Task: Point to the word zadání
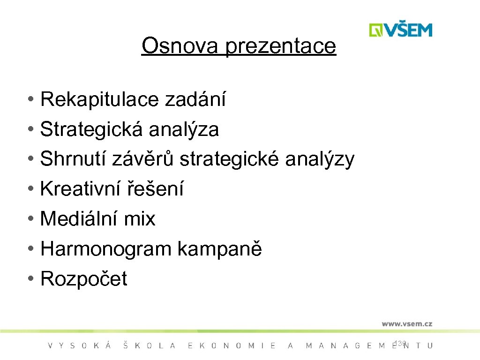click(x=195, y=99)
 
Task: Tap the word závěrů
click(x=143, y=159)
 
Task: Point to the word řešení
click(x=155, y=189)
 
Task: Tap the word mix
click(x=139, y=219)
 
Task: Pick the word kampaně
click(x=219, y=249)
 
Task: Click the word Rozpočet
click(x=84, y=279)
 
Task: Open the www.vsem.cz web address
click(x=406, y=323)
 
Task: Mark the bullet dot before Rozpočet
click(x=30, y=279)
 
